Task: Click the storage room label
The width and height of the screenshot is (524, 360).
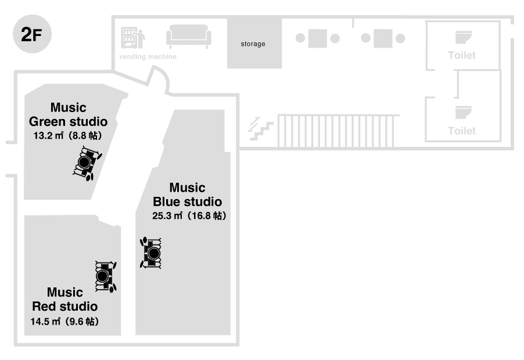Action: (x=253, y=44)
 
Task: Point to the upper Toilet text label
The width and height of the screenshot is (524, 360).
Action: (x=462, y=56)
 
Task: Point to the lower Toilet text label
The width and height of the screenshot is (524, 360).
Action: (x=462, y=131)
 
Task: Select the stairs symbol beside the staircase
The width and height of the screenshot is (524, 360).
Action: (x=260, y=128)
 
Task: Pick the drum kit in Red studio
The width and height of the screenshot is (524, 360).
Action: (x=104, y=275)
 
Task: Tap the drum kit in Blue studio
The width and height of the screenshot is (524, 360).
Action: (x=152, y=253)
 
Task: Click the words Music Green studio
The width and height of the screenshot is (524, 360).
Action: (x=68, y=114)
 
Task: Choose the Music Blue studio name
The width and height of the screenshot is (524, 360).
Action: (x=187, y=195)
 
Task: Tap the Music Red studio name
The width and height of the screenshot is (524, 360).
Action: (x=64, y=299)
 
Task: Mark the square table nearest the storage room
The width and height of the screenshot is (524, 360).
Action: (x=317, y=39)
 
